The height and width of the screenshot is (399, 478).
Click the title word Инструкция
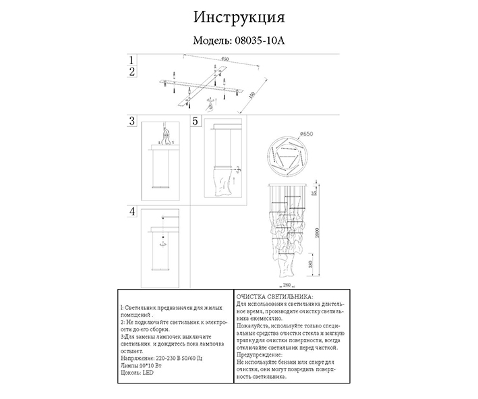(x=239, y=16)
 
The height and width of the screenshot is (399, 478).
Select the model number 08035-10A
(x=260, y=41)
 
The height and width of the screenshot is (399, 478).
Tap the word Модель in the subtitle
(x=212, y=41)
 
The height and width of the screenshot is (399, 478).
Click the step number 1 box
(x=133, y=60)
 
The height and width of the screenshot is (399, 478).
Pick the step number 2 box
(x=133, y=71)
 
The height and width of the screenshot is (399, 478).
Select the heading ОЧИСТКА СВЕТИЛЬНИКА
(x=273, y=296)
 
